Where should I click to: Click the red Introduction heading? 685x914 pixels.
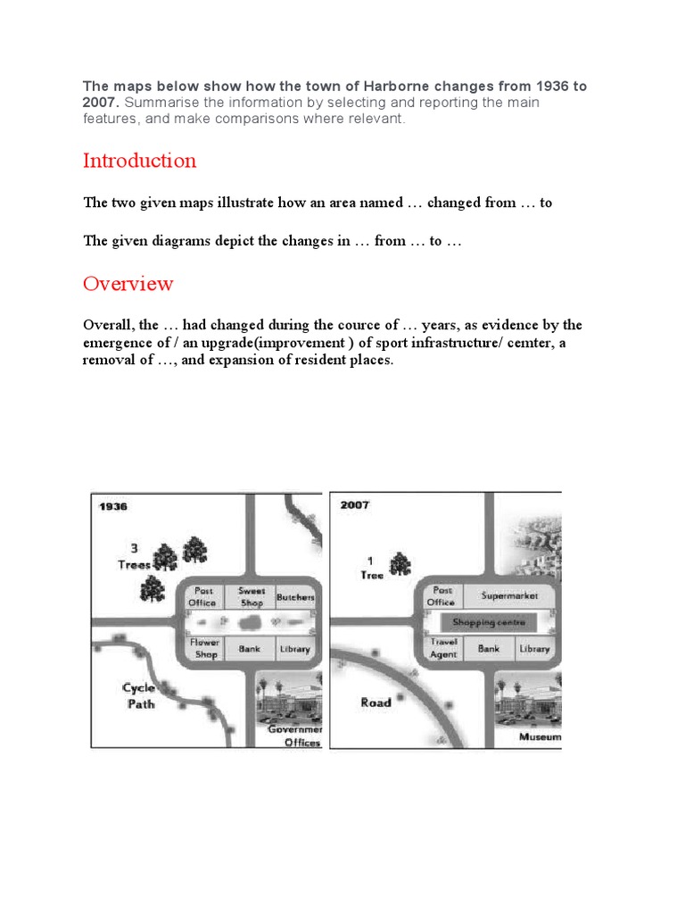pyautogui.click(x=139, y=161)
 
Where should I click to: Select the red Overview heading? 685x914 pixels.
pyautogui.click(x=128, y=284)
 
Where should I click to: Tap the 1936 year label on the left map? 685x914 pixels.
pyautogui.click(x=113, y=506)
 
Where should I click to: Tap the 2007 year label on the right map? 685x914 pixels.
pyautogui.click(x=354, y=505)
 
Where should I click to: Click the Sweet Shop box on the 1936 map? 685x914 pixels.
pyautogui.click(x=251, y=596)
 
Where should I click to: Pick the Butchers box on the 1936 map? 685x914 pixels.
pyautogui.click(x=296, y=596)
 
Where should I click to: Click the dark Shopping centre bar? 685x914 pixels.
pyautogui.click(x=489, y=622)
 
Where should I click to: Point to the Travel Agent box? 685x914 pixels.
pyautogui.click(x=443, y=648)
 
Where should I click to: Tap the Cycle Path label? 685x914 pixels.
pyautogui.click(x=139, y=695)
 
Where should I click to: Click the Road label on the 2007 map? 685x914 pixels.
pyautogui.click(x=376, y=702)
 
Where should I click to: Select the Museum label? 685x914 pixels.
pyautogui.click(x=541, y=737)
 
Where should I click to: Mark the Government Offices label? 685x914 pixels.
pyautogui.click(x=295, y=735)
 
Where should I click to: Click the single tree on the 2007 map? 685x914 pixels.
pyautogui.click(x=400, y=563)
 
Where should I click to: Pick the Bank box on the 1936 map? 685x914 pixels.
pyautogui.click(x=249, y=649)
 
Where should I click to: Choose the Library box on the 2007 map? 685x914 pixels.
pyautogui.click(x=534, y=649)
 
